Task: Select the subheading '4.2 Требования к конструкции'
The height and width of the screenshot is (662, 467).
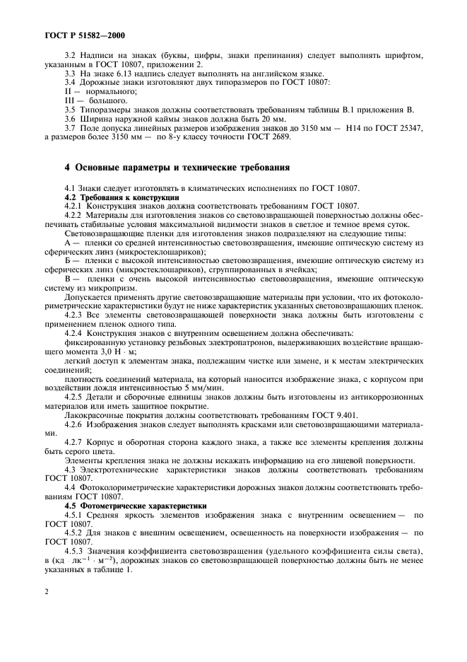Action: coord(122,197)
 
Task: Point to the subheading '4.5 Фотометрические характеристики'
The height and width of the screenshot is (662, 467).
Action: coord(134,505)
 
